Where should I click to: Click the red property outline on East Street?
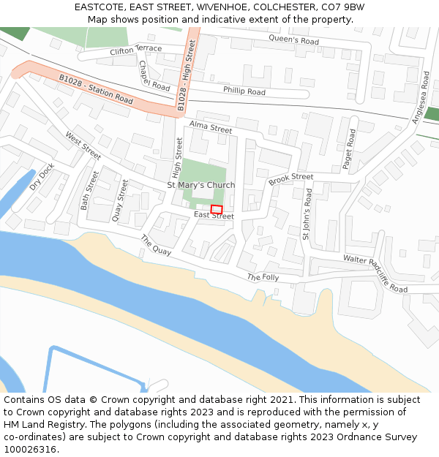[217, 209]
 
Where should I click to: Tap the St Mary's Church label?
[201, 185]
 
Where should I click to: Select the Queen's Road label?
[294, 39]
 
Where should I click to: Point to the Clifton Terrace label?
[135, 50]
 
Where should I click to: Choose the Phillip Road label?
[244, 91]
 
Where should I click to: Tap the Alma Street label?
[211, 128]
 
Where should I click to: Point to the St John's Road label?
[307, 214]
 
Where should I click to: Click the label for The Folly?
[263, 278]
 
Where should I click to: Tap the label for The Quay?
[156, 245]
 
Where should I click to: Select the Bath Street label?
[89, 191]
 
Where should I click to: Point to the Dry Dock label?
[42, 176]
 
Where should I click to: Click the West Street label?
[83, 146]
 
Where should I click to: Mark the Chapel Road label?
[154, 76]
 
